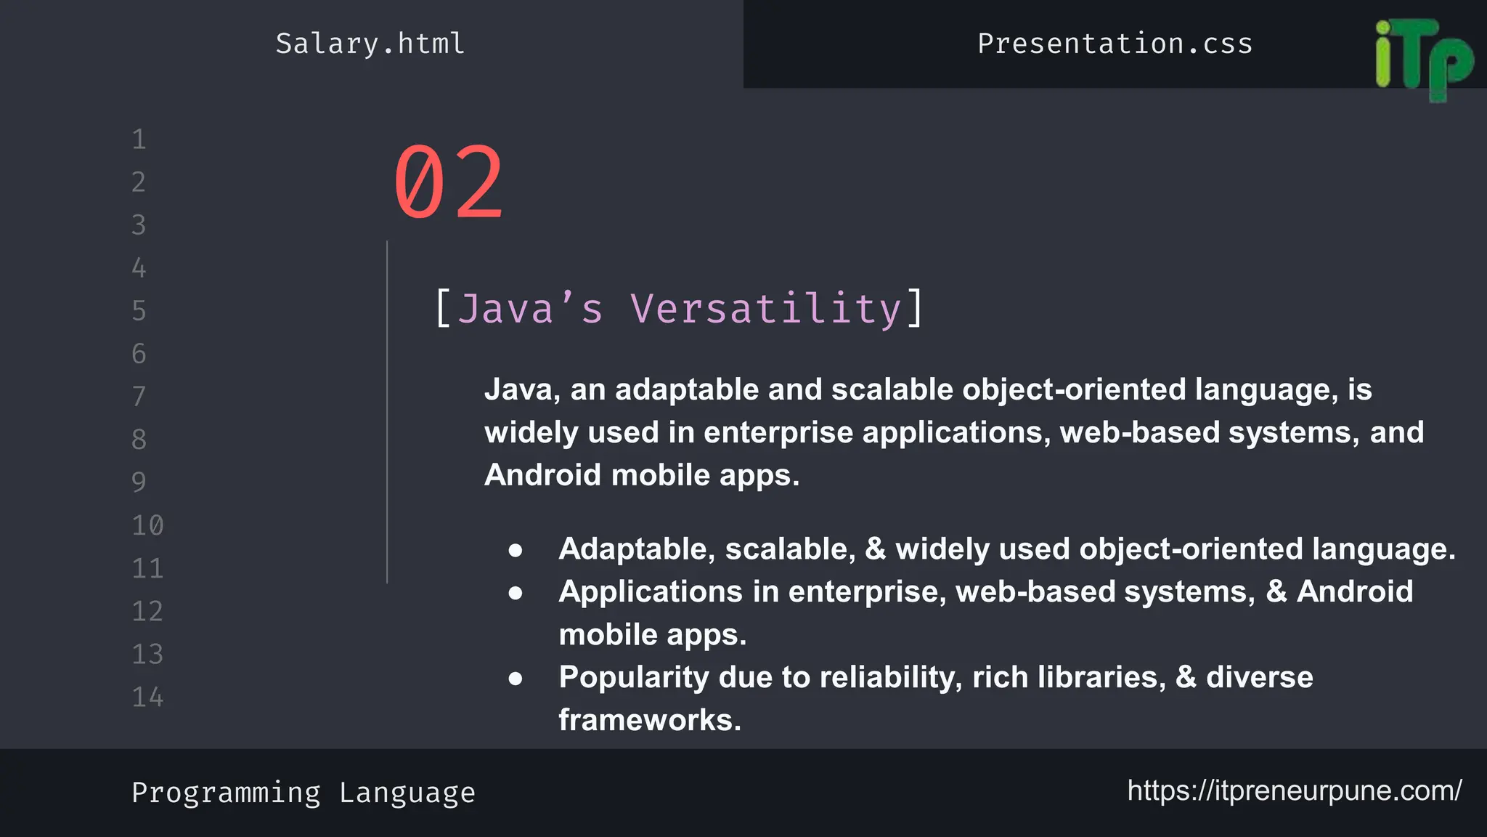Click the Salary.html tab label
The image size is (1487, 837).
click(x=370, y=44)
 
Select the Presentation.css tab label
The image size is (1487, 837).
click(x=1115, y=44)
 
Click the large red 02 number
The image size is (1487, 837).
click(x=448, y=183)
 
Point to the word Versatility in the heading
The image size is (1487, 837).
click(x=766, y=309)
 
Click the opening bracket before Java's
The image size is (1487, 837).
click(x=442, y=309)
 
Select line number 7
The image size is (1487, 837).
click(x=139, y=397)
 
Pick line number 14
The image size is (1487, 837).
click(x=147, y=697)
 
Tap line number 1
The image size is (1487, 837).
click(x=139, y=139)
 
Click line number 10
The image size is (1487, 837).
click(x=147, y=525)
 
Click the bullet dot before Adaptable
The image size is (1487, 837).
click(x=516, y=551)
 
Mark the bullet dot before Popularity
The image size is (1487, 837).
click(x=516, y=679)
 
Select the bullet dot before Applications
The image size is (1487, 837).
click(x=516, y=594)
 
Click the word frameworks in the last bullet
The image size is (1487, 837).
click(x=649, y=720)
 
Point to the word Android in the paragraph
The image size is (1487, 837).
click(x=543, y=475)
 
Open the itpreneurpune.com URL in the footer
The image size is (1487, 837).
click(x=1294, y=790)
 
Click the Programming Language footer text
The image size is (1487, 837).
click(x=303, y=793)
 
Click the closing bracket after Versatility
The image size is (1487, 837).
click(x=916, y=309)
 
